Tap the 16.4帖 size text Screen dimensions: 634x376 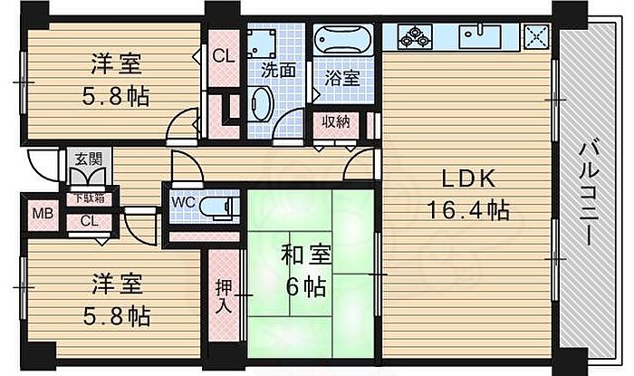coord(468,211)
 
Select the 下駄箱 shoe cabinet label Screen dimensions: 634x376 coord(88,198)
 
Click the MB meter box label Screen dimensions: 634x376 coord(43,215)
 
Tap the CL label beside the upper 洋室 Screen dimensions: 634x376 coord(223,55)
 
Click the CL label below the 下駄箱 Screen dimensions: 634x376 coord(89,221)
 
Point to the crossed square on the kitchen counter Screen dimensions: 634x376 coord(536,36)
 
